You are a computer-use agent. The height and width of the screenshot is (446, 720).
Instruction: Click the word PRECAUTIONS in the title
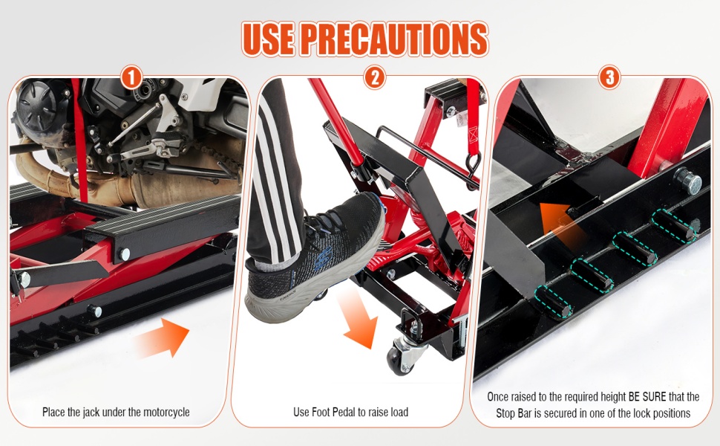(x=396, y=39)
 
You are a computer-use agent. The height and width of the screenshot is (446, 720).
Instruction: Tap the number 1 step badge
(x=131, y=77)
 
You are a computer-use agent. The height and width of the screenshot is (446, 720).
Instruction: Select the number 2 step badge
(x=375, y=77)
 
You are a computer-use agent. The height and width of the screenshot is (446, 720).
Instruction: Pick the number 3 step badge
(x=610, y=77)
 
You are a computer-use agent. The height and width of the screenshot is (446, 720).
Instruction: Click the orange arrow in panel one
(x=163, y=338)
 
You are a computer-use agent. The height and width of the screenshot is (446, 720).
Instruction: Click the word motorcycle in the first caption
(x=166, y=412)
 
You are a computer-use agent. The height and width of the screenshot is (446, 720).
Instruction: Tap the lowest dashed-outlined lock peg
(x=553, y=302)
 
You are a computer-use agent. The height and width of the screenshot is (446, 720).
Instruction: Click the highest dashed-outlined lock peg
(x=674, y=225)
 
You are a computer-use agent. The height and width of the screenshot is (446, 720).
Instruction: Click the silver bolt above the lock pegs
(x=687, y=181)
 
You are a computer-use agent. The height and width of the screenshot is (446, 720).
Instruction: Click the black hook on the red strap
(x=473, y=170)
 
